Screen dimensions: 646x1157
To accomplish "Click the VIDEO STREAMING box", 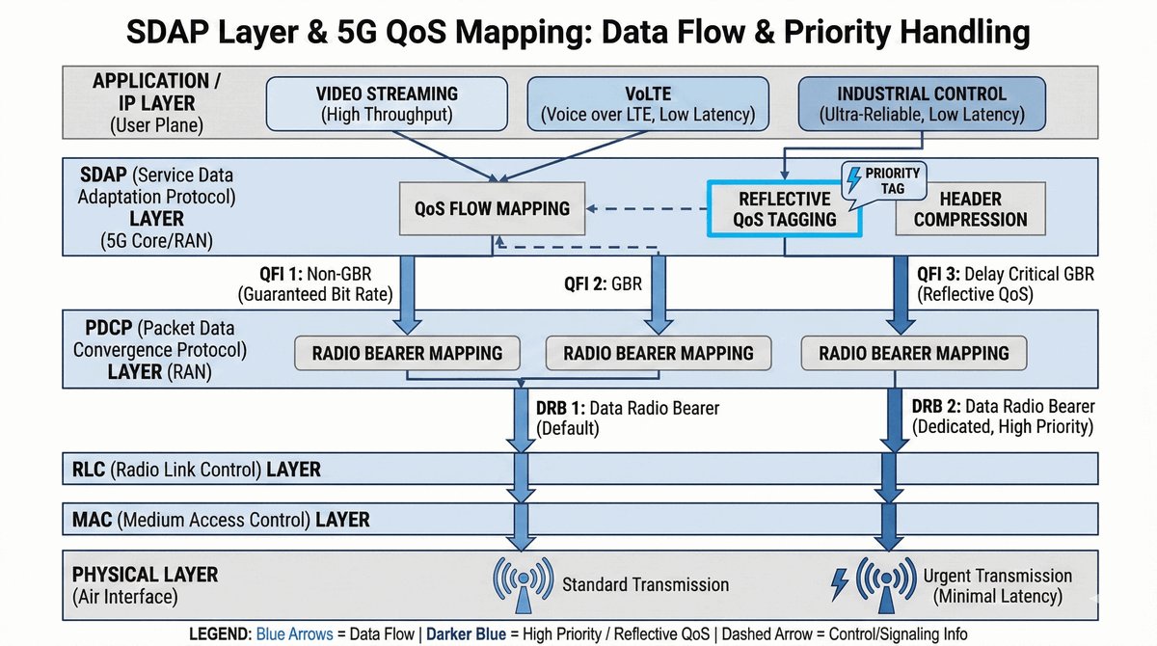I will pyautogui.click(x=386, y=104).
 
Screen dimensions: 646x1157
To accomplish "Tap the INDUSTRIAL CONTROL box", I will pyautogui.click(x=921, y=104).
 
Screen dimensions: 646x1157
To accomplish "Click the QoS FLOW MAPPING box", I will pyautogui.click(x=493, y=208).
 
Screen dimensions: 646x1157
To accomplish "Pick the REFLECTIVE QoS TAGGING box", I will pyautogui.click(x=784, y=208).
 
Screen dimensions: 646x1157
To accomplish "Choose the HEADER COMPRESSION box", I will pyautogui.click(x=970, y=208).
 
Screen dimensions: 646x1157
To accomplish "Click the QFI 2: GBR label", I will pyautogui.click(x=603, y=285).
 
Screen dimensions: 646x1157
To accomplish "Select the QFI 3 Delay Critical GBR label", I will pyautogui.click(x=1003, y=283).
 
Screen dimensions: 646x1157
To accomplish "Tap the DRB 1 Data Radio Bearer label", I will pyautogui.click(x=627, y=417).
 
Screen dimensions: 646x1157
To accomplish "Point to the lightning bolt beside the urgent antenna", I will pyautogui.click(x=839, y=582).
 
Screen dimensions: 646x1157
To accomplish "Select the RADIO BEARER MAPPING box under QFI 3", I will pyautogui.click(x=913, y=353).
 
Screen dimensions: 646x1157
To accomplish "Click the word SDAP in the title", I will pyautogui.click(x=168, y=33).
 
